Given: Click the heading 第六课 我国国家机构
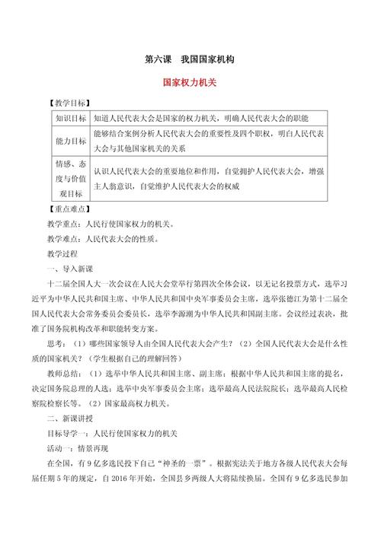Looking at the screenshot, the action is (190, 59).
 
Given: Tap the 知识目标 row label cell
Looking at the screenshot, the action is (70, 119).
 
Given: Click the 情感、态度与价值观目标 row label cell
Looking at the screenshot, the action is (70, 179).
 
